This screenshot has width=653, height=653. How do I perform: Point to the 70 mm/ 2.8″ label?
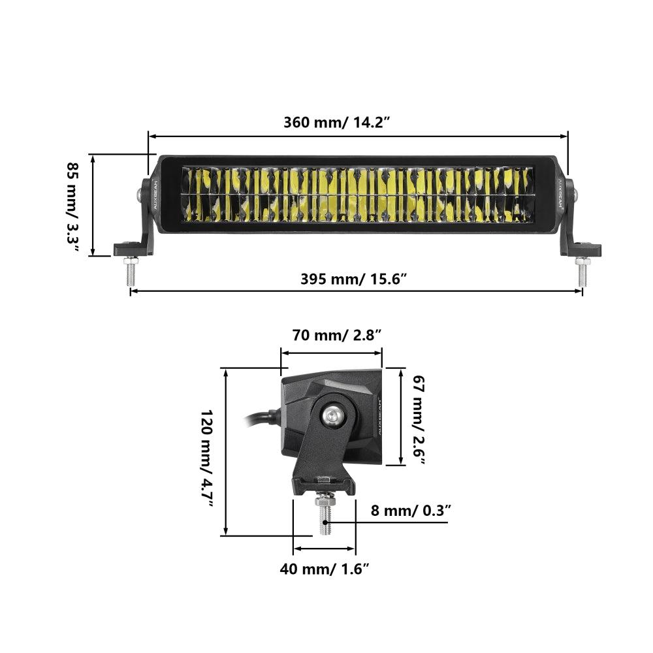[x=336, y=336]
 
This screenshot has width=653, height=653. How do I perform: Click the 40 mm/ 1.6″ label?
[x=325, y=569]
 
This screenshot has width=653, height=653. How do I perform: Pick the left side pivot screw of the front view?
[x=140, y=194]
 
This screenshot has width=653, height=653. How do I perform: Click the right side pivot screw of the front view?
[x=574, y=194]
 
